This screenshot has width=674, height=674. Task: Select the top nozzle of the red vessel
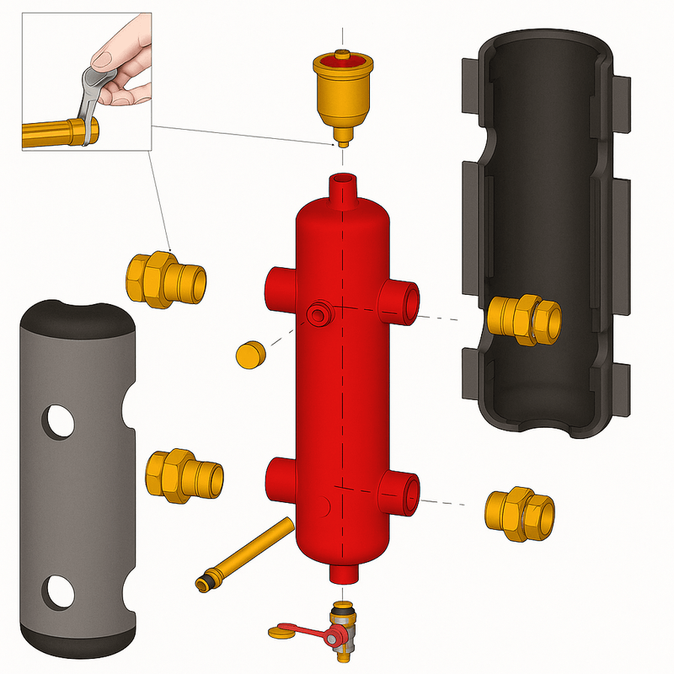(344, 190)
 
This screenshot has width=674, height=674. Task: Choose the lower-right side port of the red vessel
(403, 491)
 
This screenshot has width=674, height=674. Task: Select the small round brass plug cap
(249, 355)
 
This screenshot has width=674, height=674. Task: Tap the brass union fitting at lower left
(184, 475)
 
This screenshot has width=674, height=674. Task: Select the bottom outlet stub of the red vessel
(344, 572)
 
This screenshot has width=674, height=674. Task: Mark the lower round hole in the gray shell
(58, 590)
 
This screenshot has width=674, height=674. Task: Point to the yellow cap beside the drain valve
(282, 631)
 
